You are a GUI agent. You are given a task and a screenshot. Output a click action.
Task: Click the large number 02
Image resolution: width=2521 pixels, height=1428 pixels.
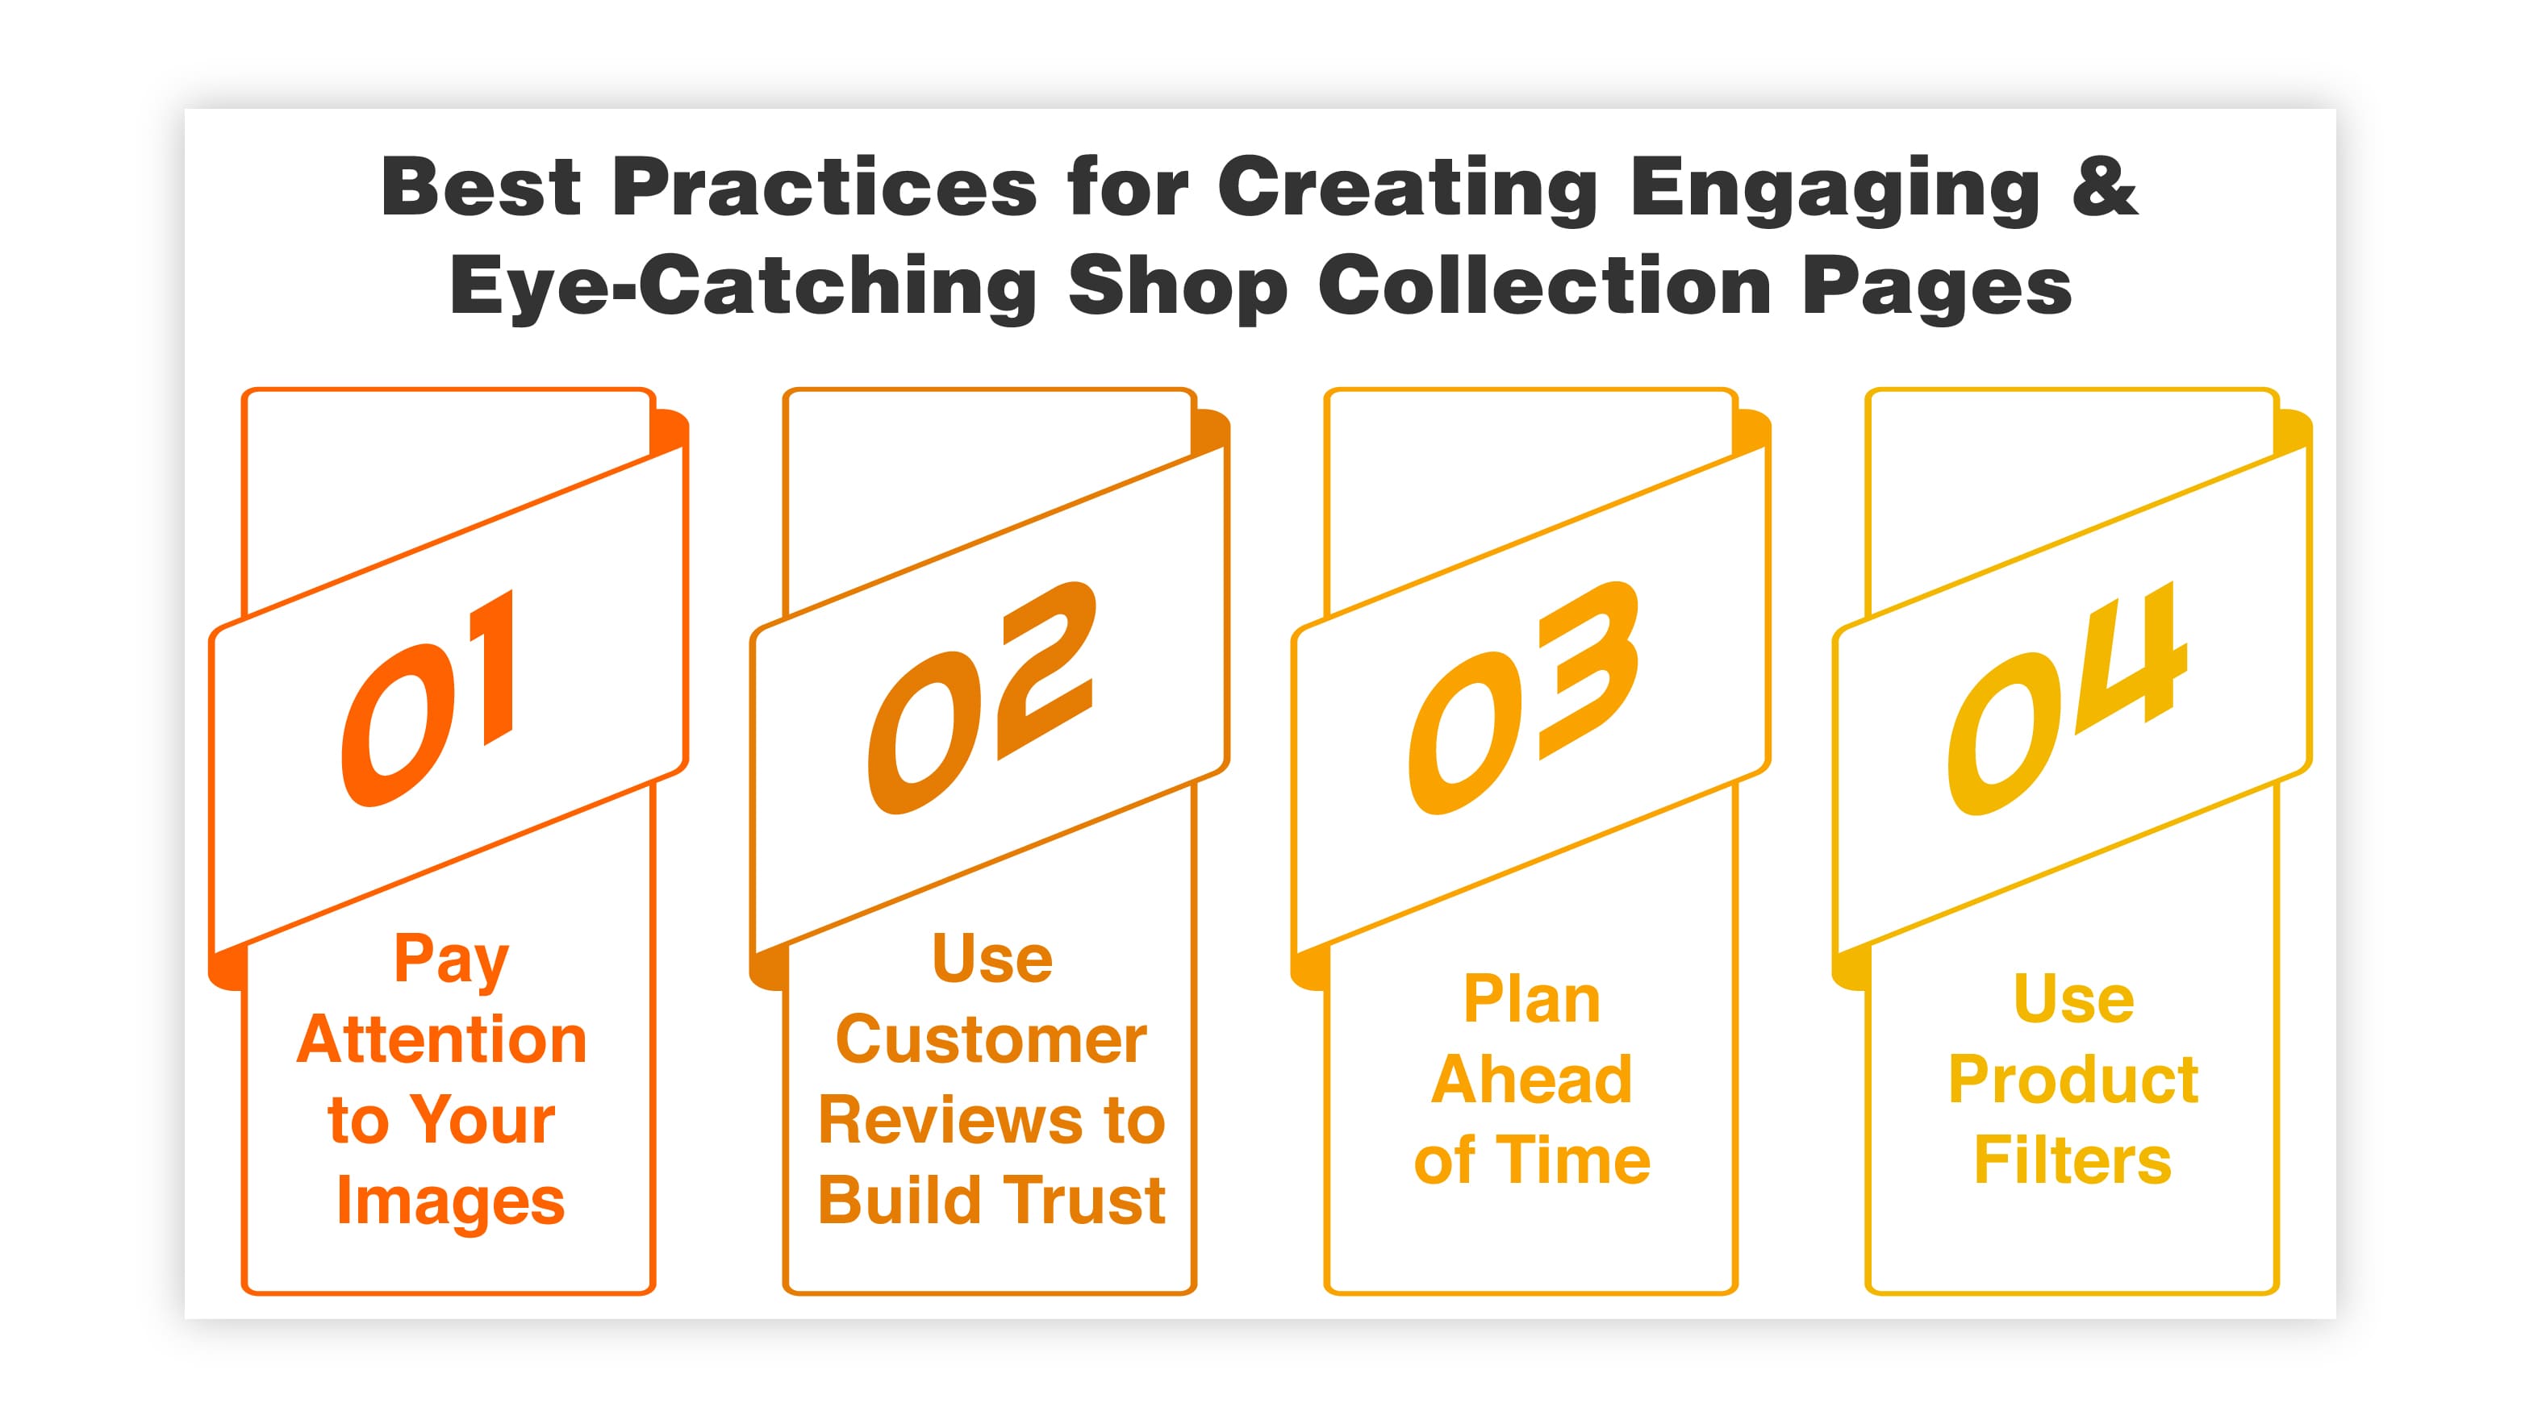point(981,698)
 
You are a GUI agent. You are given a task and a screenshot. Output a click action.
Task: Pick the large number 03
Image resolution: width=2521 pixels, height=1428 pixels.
point(1523,698)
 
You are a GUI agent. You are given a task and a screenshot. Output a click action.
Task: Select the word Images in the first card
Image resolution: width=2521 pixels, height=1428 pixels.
point(450,1202)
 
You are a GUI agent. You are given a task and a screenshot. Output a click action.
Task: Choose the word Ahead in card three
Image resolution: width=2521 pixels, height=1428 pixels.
point(1531,1080)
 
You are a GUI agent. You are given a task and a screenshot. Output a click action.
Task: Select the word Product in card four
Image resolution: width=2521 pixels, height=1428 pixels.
point(2072,1080)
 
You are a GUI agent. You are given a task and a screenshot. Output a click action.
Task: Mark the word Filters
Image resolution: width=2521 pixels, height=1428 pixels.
point(2072,1161)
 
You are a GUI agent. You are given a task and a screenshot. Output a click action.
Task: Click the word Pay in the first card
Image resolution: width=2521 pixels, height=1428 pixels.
point(451,961)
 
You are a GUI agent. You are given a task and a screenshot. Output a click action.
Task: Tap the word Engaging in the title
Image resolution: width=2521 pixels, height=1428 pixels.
point(1834,189)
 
